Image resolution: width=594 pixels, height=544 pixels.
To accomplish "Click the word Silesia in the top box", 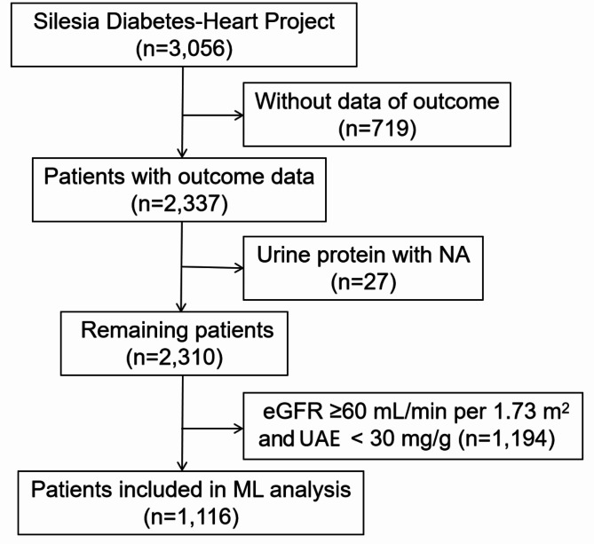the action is pos(67,21).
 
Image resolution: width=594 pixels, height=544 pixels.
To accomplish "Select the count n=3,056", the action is pos(184,49).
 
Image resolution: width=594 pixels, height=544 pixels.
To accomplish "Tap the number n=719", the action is pos(377,129).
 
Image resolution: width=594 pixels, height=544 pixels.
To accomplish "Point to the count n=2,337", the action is pos(179,204).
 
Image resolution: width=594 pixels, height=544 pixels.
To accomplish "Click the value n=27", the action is pos(363,282).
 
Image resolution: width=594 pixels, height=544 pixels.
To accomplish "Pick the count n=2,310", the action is pos(174,358).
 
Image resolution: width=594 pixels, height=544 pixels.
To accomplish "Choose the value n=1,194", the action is pos(506,439).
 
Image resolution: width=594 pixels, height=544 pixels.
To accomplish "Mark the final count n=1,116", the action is pos(191,516).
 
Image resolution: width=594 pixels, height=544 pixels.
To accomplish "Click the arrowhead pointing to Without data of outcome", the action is pos(240,115).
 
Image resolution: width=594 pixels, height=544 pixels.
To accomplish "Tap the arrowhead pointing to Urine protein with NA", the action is pos(240,268).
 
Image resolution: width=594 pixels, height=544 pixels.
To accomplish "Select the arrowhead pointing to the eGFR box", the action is pos(240,429).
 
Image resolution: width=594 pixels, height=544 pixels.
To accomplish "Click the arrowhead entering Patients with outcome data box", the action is pos(182,153).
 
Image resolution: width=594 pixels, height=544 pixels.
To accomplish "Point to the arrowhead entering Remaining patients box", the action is pos(181,307).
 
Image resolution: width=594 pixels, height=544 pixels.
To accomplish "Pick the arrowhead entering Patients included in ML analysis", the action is pos(182,466).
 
